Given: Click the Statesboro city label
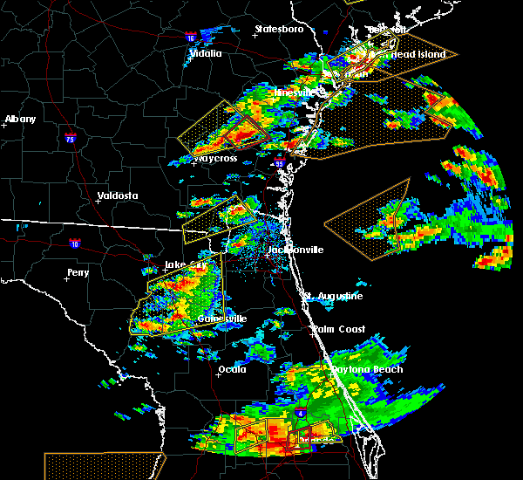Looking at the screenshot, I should [279, 30].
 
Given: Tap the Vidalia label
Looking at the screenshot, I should [206, 53].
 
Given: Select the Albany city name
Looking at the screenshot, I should [20, 119].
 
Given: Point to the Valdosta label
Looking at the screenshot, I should [118, 195].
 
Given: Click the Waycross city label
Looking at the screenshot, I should [218, 159].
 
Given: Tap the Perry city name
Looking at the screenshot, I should [78, 273].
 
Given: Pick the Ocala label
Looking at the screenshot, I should [232, 369].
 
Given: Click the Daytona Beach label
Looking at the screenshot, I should [366, 369].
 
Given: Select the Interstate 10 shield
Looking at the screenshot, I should [75, 244].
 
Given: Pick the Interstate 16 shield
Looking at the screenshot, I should [191, 38].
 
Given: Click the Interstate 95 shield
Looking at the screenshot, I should [279, 163].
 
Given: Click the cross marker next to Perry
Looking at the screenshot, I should [71, 281].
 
